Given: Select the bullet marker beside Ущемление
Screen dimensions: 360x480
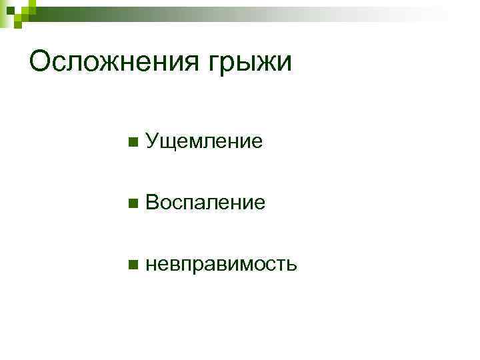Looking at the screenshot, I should coord(133,141).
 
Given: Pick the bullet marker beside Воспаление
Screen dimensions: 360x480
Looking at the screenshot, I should coord(133,203).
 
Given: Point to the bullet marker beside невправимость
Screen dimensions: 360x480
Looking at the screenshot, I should coord(133,265).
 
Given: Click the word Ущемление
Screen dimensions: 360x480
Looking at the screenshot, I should coord(203,141).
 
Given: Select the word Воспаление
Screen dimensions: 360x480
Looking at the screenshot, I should coord(205,203).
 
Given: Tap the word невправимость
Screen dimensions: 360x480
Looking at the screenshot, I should coord(221,265).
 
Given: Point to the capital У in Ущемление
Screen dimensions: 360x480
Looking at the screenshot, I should coord(151,141).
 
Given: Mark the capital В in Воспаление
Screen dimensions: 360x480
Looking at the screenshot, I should coord(152,203).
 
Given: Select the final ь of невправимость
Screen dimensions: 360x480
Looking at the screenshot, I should coord(291,265).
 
